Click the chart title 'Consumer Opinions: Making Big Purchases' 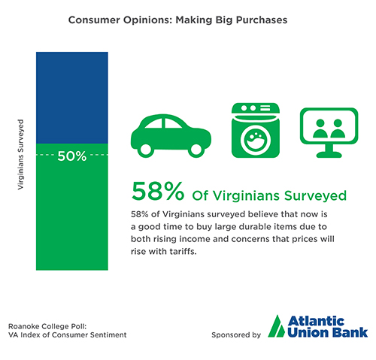pos(177,20)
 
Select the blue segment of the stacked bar pos(72,98)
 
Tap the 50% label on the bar pos(72,156)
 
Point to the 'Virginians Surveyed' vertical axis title pos(20,154)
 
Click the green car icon pos(171,136)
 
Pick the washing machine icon pos(256,130)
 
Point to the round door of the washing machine pos(256,140)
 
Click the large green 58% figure pos(158,191)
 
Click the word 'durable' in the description pos(255,227)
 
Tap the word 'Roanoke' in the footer pos(23,326)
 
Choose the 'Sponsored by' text pos(236,335)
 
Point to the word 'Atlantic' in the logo pos(316,321)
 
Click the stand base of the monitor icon pos(329,155)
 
